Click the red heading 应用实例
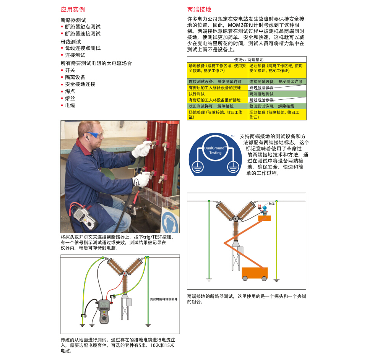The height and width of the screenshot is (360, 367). pyautogui.click(x=73, y=10)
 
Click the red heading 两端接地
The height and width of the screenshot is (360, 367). pyautogui.click(x=199, y=10)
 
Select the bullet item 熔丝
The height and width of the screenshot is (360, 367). pyautogui.click(x=70, y=98)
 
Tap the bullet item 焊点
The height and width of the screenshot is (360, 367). pyautogui.click(x=70, y=91)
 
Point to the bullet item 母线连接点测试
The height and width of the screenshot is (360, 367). pyautogui.click(x=83, y=48)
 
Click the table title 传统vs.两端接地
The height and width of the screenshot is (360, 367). pyautogui.click(x=249, y=60)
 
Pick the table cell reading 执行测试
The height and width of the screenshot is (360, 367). pyautogui.click(x=196, y=94)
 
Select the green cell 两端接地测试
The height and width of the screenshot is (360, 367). pyautogui.click(x=261, y=94)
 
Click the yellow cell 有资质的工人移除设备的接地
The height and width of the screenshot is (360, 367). pyautogui.click(x=214, y=88)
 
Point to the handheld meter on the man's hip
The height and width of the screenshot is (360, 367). pyautogui.click(x=84, y=217)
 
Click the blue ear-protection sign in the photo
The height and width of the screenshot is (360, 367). pyautogui.click(x=171, y=220)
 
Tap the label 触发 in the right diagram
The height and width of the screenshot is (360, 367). pyautogui.click(x=272, y=204)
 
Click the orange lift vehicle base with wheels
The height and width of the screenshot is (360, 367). pyautogui.click(x=255, y=274)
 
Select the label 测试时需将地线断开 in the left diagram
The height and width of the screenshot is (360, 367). pyautogui.click(x=164, y=299)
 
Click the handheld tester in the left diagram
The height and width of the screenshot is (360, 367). pyautogui.click(x=104, y=311)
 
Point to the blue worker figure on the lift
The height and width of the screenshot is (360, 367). pyautogui.click(x=265, y=210)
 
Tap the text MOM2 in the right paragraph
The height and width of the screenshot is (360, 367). pyautogui.click(x=236, y=25)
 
